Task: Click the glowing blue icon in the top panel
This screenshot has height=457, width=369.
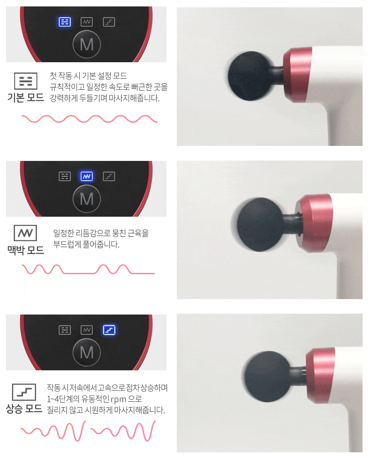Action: pos(65,22)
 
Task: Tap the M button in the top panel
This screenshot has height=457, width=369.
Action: pos(87,44)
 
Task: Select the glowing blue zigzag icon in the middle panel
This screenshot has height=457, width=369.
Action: pos(87,176)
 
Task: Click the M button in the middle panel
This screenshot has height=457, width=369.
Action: pos(87,199)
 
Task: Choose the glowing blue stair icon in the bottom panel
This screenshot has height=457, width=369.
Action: pos(109,330)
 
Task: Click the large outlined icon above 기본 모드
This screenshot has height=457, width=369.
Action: pos(26,81)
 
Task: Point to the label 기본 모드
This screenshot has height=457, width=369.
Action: pos(26,98)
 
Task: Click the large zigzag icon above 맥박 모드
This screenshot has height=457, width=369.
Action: pos(25,233)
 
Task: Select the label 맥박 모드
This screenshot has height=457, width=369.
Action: pos(26,250)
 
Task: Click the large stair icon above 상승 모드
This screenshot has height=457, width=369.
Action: pos(24,392)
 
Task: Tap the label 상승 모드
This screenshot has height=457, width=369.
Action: pos(24,409)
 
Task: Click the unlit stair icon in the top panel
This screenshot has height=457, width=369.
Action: pos(109,22)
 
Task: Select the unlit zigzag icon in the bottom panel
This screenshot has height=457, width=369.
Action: pos(87,330)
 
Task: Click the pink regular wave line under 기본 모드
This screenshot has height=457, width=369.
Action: pos(90,119)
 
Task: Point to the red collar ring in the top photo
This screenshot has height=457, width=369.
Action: pos(297,75)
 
